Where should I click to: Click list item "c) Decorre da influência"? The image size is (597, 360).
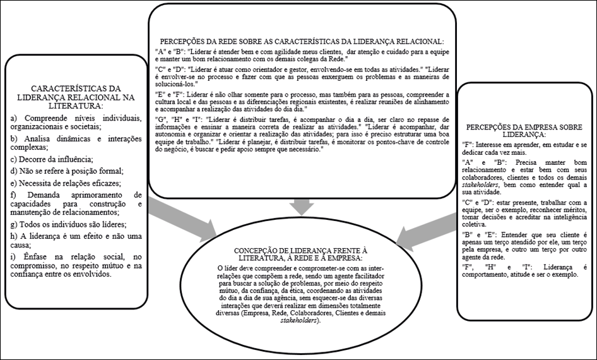point(52,158)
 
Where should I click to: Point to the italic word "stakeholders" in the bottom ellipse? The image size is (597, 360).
point(300,321)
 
